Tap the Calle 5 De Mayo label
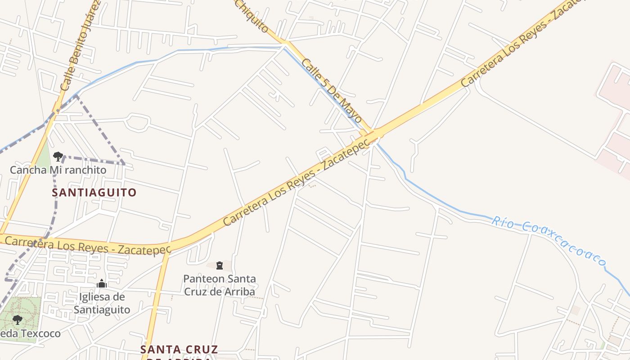332,90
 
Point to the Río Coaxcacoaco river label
548,240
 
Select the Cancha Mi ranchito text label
58,170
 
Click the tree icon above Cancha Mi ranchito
58,157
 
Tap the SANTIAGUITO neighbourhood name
94,193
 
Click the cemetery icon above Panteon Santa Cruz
220,265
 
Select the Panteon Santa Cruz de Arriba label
220,285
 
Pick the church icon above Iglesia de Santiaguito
102,283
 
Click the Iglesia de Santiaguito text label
102,303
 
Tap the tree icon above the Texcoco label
18,320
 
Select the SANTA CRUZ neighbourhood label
179,350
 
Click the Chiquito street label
252,16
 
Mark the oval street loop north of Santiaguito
138,122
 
